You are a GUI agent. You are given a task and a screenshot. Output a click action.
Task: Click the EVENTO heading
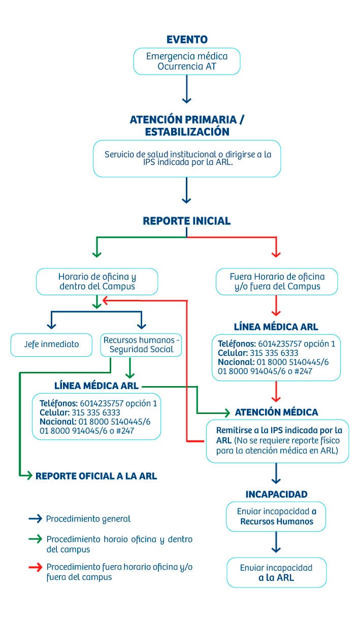[187, 40]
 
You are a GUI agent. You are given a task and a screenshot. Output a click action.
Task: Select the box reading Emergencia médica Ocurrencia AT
[187, 61]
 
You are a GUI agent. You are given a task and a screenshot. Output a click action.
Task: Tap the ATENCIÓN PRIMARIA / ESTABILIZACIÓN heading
[187, 125]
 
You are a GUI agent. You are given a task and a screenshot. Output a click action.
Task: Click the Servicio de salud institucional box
[187, 158]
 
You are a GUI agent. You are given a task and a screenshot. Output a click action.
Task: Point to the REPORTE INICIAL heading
[187, 221]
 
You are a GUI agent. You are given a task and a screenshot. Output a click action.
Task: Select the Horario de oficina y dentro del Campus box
[97, 282]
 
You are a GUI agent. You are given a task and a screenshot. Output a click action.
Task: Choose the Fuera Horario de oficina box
[277, 282]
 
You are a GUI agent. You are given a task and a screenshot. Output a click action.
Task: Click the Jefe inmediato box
[52, 344]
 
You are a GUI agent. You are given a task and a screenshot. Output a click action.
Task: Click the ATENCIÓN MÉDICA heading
[277, 412]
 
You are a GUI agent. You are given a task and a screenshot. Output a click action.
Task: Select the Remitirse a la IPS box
[277, 440]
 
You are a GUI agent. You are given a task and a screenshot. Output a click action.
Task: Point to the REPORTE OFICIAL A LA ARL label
[96, 476]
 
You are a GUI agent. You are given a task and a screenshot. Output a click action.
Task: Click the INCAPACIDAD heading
[276, 494]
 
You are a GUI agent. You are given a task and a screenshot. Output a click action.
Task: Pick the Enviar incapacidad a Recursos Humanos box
[277, 516]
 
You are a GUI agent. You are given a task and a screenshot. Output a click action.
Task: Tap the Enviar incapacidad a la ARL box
[277, 572]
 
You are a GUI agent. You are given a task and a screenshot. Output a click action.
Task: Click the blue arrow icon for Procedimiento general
[35, 519]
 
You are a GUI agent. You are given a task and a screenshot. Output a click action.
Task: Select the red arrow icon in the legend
[35, 567]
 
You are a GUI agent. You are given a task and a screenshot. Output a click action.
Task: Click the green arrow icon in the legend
[35, 539]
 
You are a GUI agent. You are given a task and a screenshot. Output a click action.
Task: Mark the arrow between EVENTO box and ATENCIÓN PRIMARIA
[187, 90]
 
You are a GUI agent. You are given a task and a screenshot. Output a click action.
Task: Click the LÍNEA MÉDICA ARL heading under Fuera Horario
[276, 327]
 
